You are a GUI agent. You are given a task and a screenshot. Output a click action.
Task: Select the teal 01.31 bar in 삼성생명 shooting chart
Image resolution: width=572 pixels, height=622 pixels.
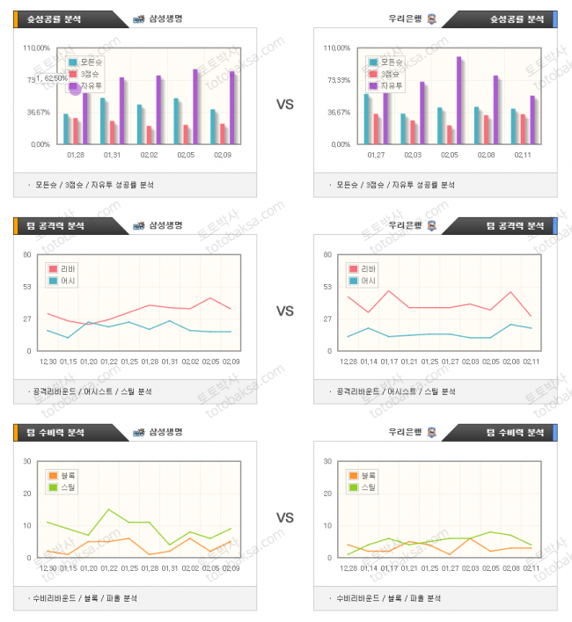[x=103, y=121]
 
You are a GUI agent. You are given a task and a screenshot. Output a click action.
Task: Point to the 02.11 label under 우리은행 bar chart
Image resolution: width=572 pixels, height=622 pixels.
[x=523, y=155]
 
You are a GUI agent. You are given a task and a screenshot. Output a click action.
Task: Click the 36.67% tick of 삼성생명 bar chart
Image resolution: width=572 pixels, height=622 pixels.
[x=38, y=112]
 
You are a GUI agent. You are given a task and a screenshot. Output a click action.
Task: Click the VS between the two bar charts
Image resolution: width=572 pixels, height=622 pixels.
[x=285, y=105]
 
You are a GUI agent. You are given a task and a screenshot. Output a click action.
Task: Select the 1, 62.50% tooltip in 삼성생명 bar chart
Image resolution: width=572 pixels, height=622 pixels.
[x=48, y=79]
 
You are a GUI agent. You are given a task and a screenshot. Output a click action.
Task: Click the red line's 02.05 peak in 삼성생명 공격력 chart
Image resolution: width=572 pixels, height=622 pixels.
[x=209, y=298]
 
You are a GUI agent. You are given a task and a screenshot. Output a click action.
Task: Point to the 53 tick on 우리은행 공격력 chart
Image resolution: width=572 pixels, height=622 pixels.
[x=327, y=286]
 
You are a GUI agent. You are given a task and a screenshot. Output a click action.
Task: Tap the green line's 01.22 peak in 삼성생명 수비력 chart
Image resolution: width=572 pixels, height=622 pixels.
[x=108, y=509]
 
